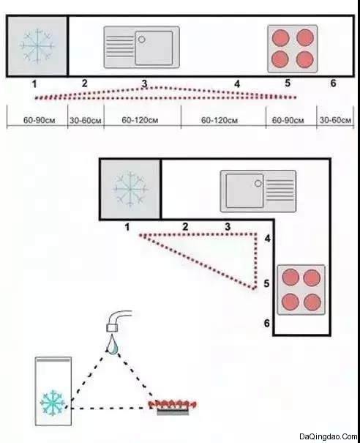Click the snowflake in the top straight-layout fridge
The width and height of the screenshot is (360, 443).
click(37, 46)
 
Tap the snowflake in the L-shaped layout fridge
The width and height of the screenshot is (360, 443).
click(130, 189)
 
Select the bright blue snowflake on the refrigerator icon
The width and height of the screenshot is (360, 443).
click(53, 403)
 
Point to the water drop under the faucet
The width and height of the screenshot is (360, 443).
click(113, 345)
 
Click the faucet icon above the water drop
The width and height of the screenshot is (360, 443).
click(119, 321)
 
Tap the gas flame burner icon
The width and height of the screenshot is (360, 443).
click(173, 408)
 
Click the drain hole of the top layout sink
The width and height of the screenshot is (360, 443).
click(142, 40)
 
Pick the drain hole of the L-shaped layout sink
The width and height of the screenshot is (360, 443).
click(258, 183)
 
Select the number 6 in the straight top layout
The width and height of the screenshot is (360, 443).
click(333, 83)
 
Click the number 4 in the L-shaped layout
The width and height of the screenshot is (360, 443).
click(267, 239)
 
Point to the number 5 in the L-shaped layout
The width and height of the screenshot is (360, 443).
click(266, 283)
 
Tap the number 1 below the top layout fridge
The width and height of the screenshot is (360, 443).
click(34, 84)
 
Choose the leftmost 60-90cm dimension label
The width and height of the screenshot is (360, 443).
click(39, 120)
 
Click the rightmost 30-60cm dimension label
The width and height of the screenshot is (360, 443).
click(335, 120)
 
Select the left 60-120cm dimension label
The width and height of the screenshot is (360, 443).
click(140, 120)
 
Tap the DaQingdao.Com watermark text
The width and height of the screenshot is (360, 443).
click(329, 436)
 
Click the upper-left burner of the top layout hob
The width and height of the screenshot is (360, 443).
click(280, 37)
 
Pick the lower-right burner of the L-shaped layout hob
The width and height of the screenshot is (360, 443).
click(312, 302)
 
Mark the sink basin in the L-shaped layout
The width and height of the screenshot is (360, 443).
click(244, 190)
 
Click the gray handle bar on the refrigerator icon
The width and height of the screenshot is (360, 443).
click(53, 360)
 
